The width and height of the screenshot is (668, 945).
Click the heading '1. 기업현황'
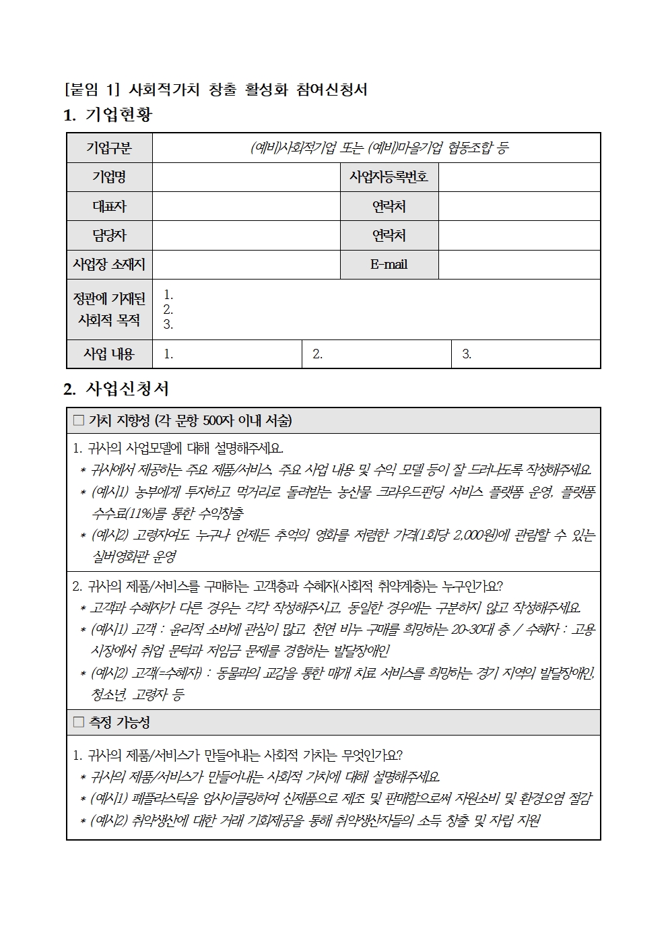[x=108, y=115]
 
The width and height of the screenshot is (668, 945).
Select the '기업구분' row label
[x=109, y=148]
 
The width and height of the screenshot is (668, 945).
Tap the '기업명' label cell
[x=109, y=177]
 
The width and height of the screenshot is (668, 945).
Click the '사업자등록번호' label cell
[x=389, y=177]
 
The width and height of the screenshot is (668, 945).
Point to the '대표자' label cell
[x=109, y=206]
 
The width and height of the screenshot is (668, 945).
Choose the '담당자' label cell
[x=109, y=235]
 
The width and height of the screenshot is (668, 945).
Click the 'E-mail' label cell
[x=389, y=265]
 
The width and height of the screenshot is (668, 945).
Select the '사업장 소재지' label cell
[x=109, y=265]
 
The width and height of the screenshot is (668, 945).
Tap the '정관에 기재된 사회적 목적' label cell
[x=109, y=309]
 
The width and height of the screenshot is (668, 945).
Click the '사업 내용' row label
[x=109, y=354]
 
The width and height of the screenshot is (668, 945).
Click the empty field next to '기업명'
[x=246, y=177]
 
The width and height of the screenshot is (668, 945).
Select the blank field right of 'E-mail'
[x=519, y=265]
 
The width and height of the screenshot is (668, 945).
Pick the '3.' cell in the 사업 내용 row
[x=525, y=354]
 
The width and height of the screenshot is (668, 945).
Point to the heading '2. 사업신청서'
[x=116, y=389]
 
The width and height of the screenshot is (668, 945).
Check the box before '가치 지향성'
[x=79, y=420]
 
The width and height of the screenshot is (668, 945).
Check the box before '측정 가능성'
[x=79, y=722]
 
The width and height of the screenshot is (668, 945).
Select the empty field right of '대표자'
[x=246, y=206]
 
